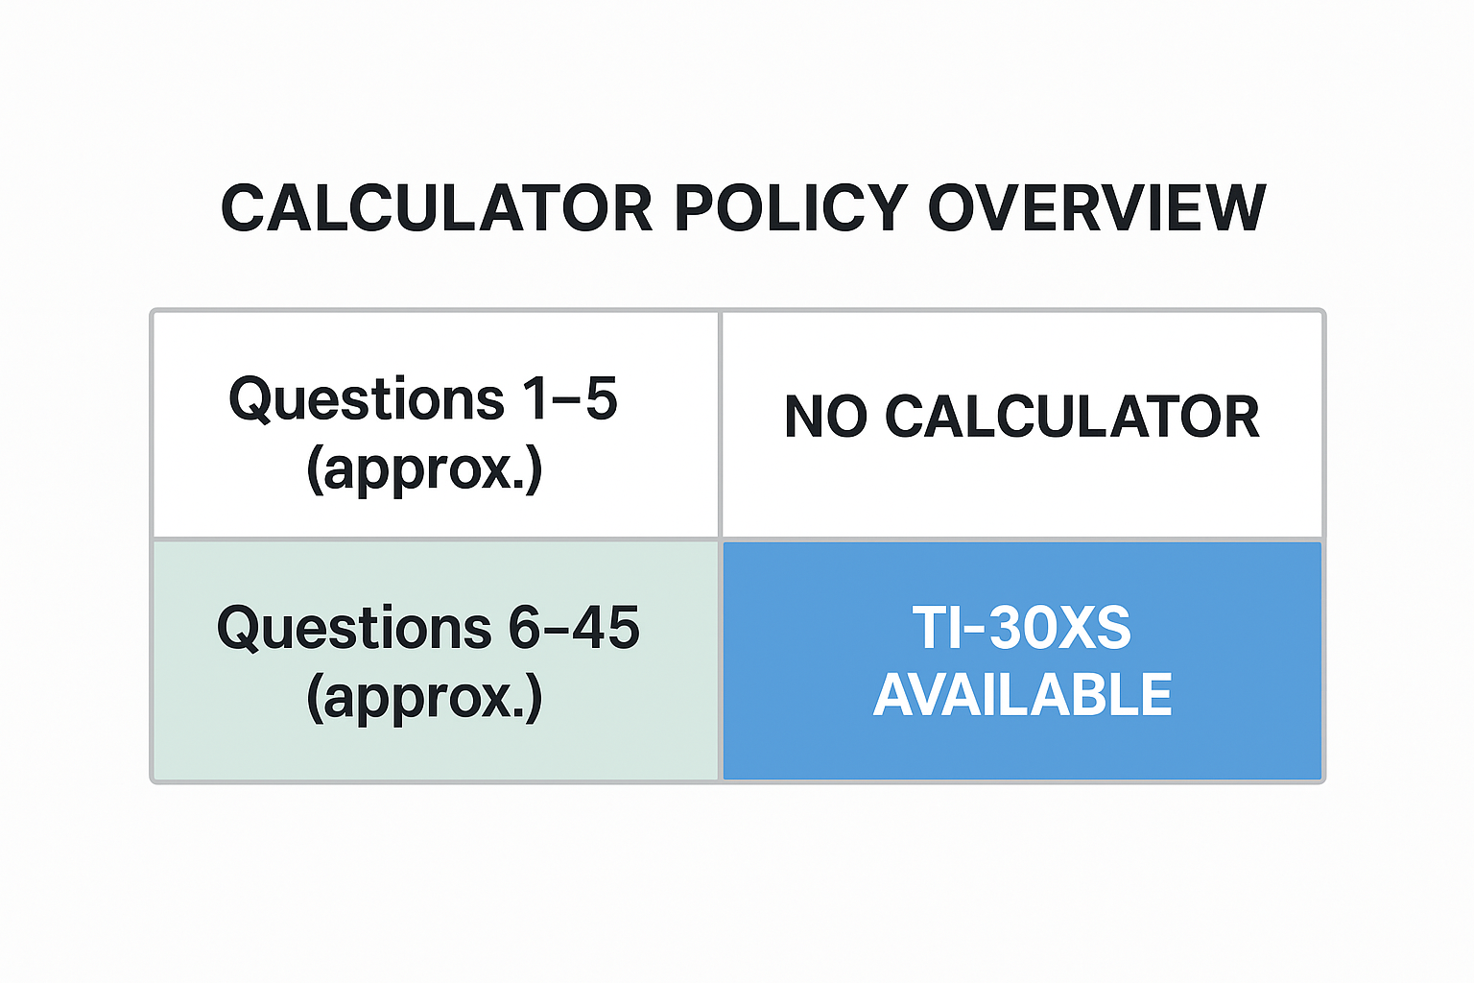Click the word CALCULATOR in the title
tap(437, 208)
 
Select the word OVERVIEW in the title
tap(1097, 208)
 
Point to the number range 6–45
tap(574, 627)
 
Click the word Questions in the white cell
tap(367, 400)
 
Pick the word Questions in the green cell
tap(354, 629)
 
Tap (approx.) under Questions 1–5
tap(424, 468)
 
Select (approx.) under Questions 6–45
tap(424, 698)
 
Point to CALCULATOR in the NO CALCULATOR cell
tap(1072, 417)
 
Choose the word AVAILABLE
tap(1023, 695)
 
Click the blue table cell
tap(1023, 660)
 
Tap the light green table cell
tap(436, 660)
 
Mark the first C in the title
tap(244, 208)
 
